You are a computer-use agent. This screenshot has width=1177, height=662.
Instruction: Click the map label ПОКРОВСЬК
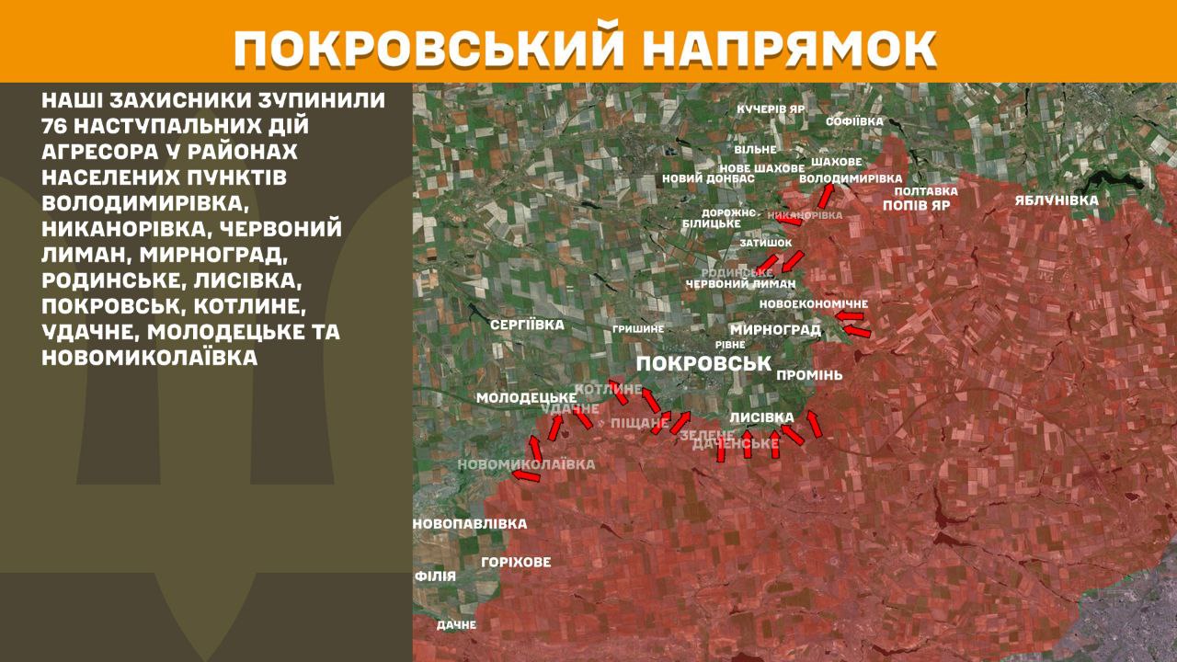[x=703, y=363]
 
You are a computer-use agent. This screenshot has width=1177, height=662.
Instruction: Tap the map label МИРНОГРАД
[x=775, y=329]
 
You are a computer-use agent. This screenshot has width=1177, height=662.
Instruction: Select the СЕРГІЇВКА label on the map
[x=527, y=325]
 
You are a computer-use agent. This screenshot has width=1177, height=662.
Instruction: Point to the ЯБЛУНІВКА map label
[x=1057, y=200]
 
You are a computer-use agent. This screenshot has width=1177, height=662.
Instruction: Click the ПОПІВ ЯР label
[x=916, y=205]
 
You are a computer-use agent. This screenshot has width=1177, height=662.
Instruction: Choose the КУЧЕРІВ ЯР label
[x=771, y=108]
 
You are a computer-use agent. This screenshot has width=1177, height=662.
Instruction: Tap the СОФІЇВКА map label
[x=854, y=121]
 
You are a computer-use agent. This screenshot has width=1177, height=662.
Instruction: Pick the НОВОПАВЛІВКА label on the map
[x=470, y=524]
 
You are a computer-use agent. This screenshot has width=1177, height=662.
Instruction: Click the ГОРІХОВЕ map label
[x=516, y=562]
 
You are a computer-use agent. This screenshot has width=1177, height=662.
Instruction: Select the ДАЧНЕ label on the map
[x=456, y=624]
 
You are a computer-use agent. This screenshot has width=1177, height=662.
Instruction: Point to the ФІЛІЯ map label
[x=435, y=576]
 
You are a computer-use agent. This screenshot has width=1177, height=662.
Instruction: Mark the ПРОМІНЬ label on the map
[x=809, y=375]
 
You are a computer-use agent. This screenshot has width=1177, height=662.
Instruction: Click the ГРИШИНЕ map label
[x=638, y=328]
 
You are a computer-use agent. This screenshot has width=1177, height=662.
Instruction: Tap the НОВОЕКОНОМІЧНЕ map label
[x=813, y=304]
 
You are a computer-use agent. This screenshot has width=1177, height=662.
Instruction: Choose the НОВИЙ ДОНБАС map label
[x=708, y=178]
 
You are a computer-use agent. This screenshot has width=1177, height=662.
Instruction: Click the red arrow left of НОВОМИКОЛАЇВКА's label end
[x=526, y=475]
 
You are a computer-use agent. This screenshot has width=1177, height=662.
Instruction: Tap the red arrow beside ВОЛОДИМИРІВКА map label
[x=826, y=196]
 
